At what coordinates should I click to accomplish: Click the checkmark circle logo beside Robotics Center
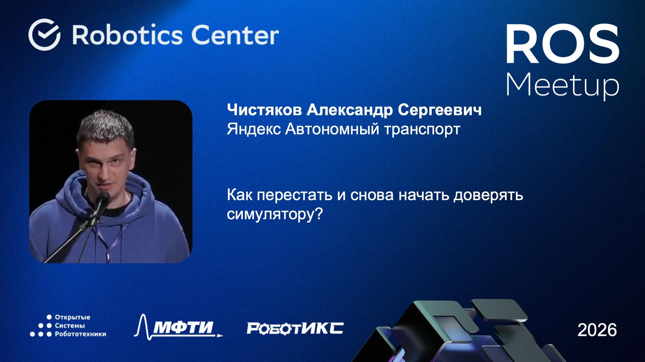pos(44,35)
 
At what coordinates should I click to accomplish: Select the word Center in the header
pos(235,35)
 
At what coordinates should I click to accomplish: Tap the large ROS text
pos(562,44)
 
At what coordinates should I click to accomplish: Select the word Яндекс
pos(254,129)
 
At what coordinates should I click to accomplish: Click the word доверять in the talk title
pos(488,195)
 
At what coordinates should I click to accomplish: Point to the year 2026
pos(597,330)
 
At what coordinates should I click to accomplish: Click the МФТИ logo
pos(178,327)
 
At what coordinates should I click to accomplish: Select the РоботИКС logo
pos(295,328)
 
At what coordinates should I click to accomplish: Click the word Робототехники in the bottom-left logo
pos(80,334)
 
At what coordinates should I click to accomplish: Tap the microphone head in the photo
pos(102,198)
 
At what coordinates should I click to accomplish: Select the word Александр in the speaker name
pos(349,110)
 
